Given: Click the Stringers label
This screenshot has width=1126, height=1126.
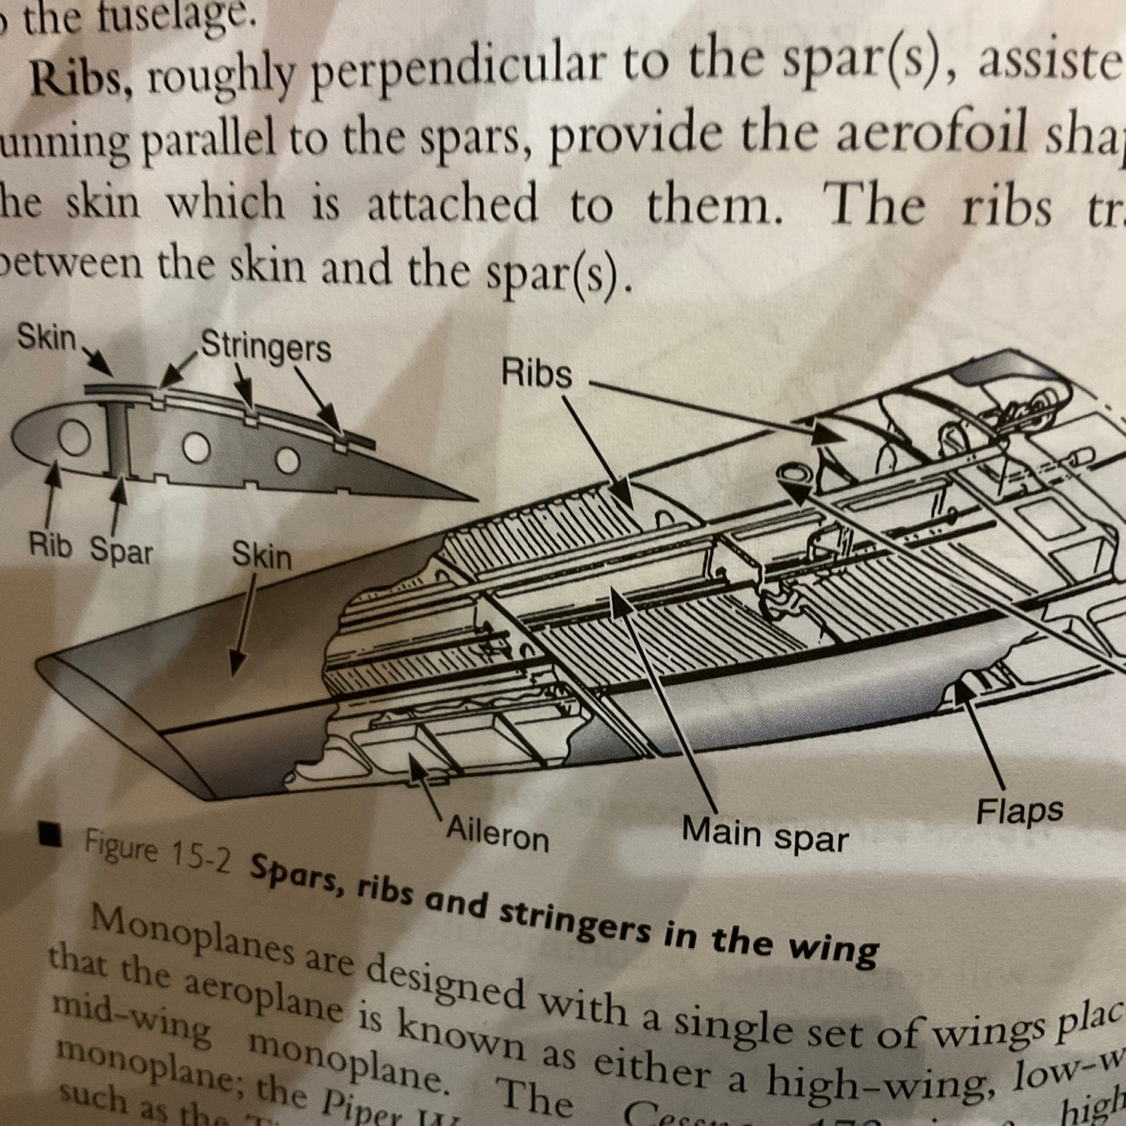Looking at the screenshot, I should click(266, 346).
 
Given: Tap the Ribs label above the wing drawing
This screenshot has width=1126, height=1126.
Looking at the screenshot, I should click(536, 372).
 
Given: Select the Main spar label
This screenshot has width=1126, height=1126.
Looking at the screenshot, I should click(764, 833).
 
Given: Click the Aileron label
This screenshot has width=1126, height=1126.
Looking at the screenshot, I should click(497, 834).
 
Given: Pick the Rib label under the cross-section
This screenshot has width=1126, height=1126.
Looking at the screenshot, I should click(51, 545).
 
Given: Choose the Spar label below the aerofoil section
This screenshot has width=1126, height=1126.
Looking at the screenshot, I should click(122, 550).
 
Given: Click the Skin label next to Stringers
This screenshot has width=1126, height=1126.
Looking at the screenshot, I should click(47, 338).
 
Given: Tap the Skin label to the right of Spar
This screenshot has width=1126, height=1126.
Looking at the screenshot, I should click(262, 555).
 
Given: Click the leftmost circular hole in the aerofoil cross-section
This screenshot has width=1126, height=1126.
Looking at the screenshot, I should click(74, 438).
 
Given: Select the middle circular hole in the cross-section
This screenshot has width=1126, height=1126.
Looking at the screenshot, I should click(197, 447).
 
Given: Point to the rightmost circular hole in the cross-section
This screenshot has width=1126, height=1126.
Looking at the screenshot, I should click(288, 460).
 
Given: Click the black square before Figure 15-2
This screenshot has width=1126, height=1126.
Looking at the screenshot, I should click(52, 835).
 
